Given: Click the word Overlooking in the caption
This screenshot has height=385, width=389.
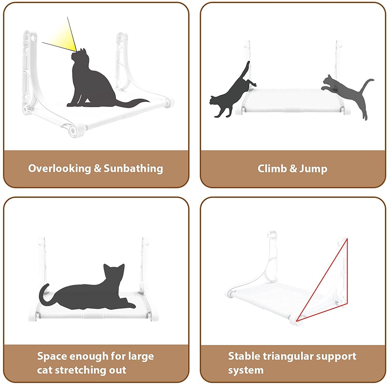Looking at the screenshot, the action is pos(59,168).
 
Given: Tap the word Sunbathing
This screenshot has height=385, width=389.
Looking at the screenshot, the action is pos(133,169).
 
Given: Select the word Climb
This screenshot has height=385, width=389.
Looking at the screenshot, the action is pos(272,169).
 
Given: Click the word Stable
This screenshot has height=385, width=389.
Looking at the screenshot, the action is pos(244,356).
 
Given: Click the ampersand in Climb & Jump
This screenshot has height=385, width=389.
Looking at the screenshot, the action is pos(293,169).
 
